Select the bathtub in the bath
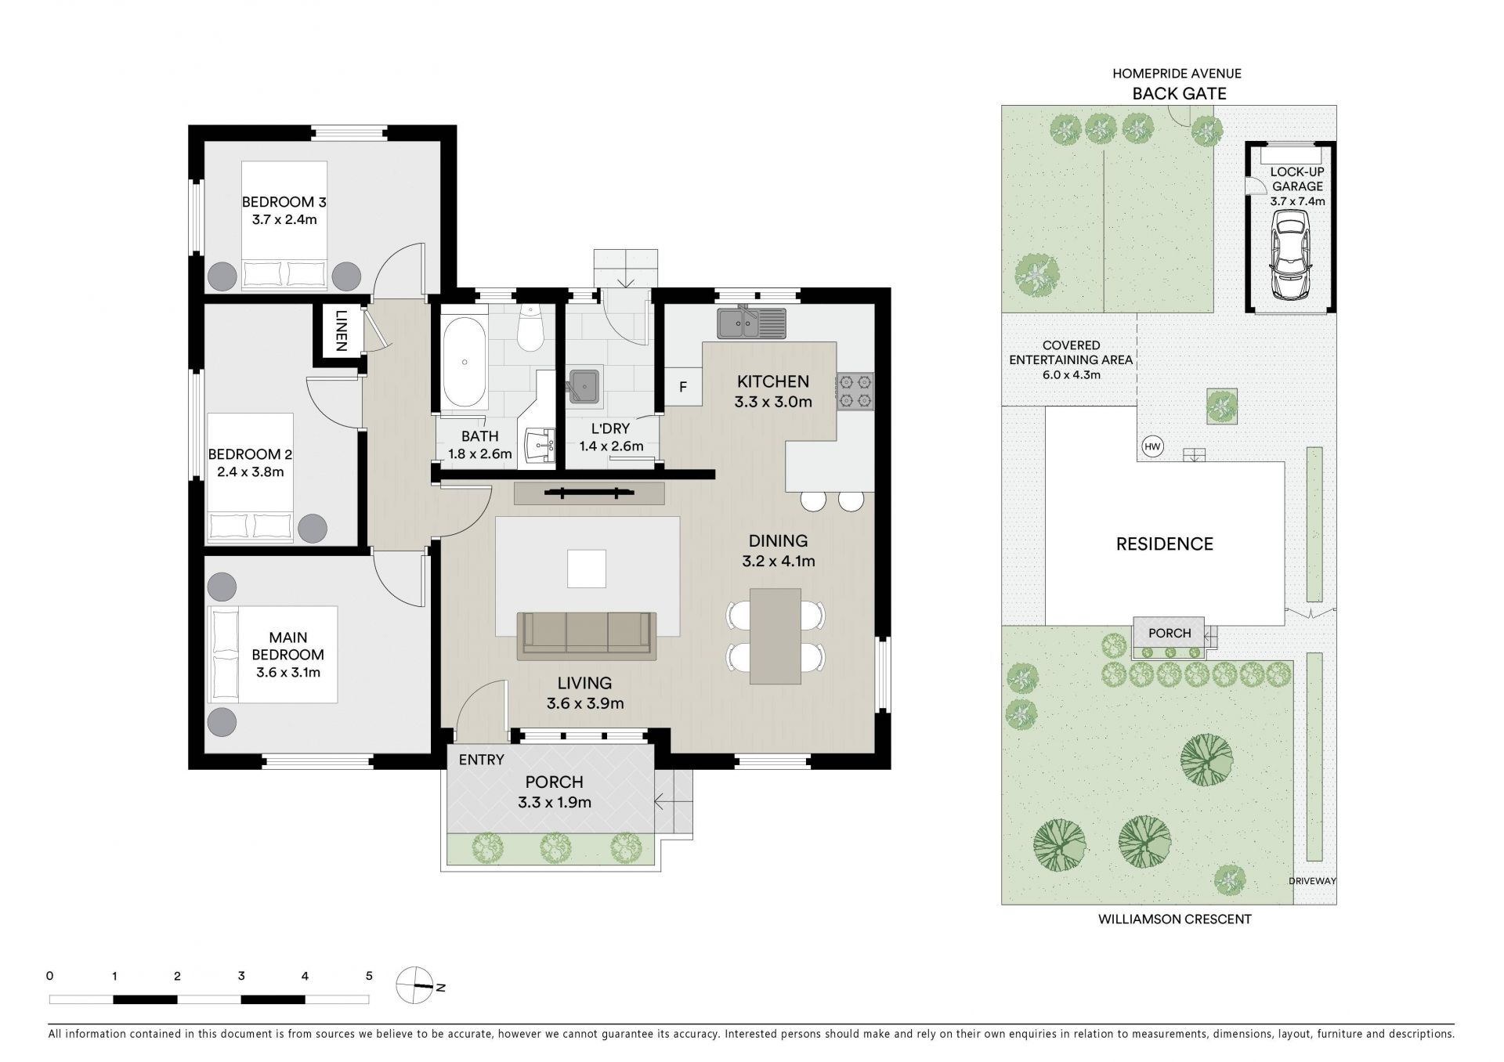coord(465,361)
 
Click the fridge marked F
coord(683,387)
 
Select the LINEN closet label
coord(341,331)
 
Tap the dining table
coord(775,636)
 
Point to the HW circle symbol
coord(1152,446)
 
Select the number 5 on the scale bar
coord(369,976)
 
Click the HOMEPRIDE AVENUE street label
coord(1177,74)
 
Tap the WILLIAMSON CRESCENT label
coord(1174,919)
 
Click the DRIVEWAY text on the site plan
coord(1312,881)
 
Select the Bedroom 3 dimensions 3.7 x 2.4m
coord(284,219)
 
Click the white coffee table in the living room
coord(587,569)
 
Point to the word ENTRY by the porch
coord(481,760)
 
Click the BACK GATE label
coord(1179,93)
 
